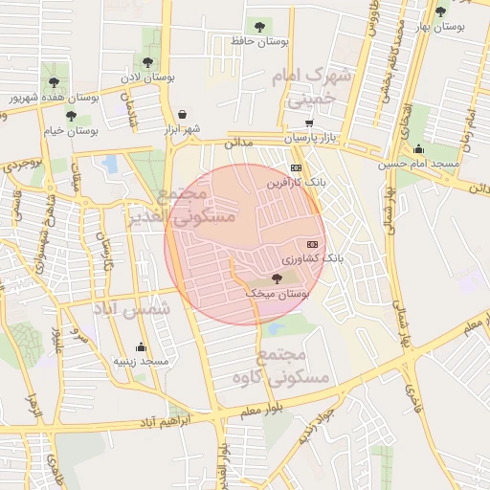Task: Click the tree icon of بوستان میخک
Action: [x=277, y=278]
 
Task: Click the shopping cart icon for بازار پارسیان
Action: [x=308, y=123]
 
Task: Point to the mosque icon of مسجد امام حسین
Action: [x=418, y=149]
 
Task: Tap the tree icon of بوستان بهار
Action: [x=440, y=12]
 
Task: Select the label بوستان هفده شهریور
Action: [x=55, y=98]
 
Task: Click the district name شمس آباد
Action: [x=131, y=310]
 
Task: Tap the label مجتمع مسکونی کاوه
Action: [x=279, y=366]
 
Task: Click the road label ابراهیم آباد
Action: [x=167, y=420]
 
